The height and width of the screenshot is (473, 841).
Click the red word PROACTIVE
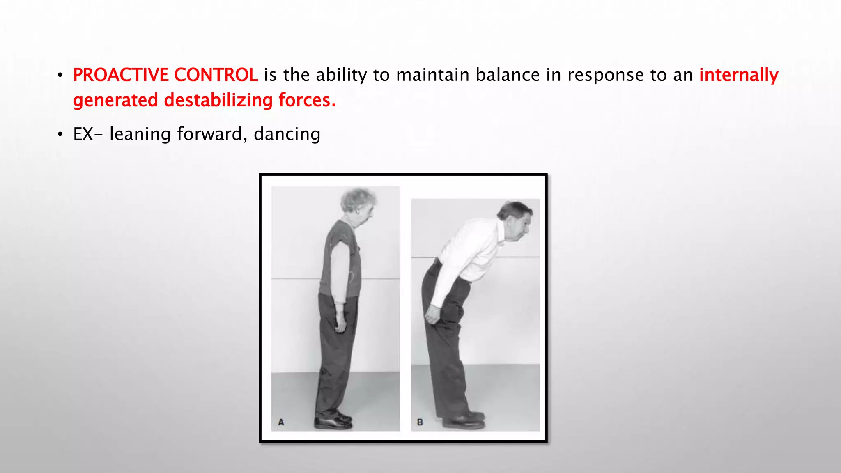pos(121,75)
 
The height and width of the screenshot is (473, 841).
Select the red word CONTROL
pos(216,75)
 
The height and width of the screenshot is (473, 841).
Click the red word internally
pos(739,75)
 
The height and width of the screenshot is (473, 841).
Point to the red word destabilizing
pos(218,100)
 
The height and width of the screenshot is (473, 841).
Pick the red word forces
pos(307,100)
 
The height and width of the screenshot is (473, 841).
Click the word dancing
pos(287,134)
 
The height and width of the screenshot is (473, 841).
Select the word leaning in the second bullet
pos(140,134)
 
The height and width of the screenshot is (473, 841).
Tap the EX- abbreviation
pos(87,134)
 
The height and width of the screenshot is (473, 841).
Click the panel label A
pos(281,422)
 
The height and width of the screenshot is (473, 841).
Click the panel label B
pos(420,422)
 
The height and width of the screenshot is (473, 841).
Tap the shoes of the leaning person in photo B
pos(464,420)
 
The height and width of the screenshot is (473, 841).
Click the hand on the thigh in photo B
pos(431,315)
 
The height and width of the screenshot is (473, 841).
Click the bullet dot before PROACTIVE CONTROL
pos(60,76)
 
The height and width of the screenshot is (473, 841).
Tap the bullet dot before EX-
pos(60,135)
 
